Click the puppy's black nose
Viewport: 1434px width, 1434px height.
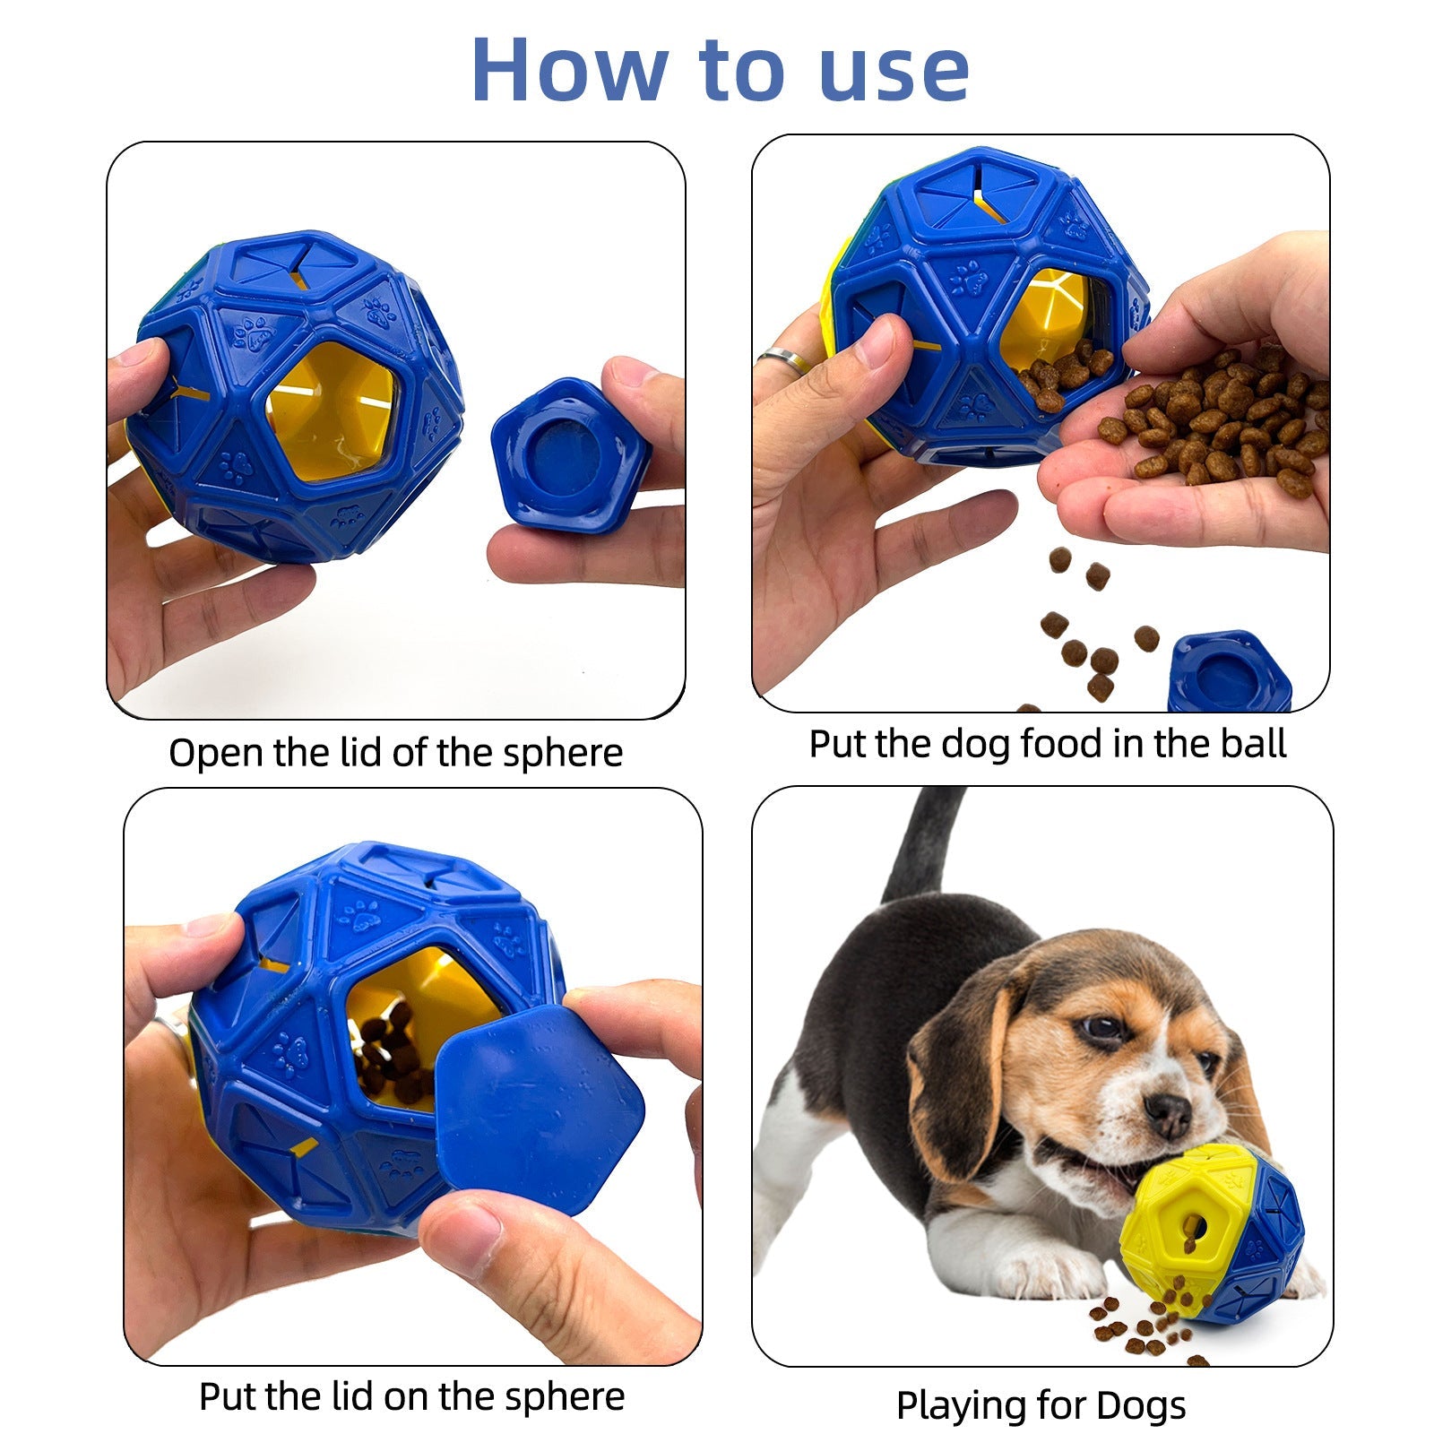coord(1169,1114)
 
